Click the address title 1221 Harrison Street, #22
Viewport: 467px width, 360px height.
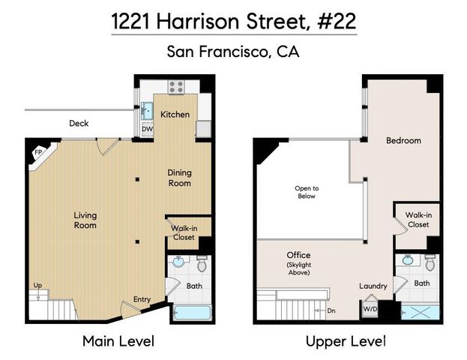[233, 22]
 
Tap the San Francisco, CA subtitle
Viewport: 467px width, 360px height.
[233, 52]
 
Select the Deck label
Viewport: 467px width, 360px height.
[79, 123]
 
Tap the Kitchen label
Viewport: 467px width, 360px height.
[175, 114]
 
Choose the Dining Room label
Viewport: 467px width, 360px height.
[179, 177]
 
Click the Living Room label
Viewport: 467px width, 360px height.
[85, 220]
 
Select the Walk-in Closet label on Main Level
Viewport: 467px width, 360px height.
[183, 232]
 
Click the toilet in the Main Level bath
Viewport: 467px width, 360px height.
[201, 264]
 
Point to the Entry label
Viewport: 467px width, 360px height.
[142, 300]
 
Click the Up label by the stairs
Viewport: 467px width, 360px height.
[37, 285]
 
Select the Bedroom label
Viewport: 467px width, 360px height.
[403, 140]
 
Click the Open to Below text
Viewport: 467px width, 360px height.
[306, 192]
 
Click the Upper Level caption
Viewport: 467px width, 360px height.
[346, 341]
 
